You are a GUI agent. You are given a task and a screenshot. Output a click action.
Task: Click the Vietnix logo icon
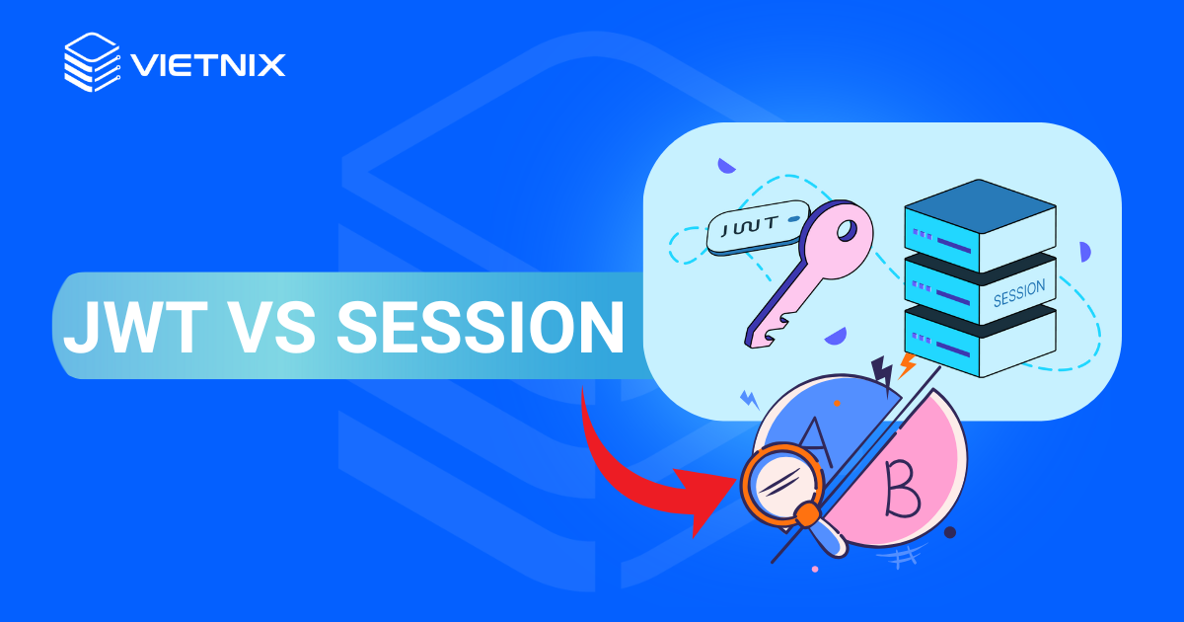(92, 63)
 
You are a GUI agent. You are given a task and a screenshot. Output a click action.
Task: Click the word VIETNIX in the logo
(207, 65)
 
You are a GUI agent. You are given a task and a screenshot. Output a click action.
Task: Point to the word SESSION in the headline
(480, 326)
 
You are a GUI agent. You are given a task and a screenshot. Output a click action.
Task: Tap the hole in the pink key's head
(846, 233)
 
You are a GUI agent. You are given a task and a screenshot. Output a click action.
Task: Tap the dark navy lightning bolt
(882, 371)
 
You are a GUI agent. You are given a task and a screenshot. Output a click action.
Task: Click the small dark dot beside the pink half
(950, 532)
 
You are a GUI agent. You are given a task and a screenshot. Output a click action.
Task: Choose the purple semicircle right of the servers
(1084, 252)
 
